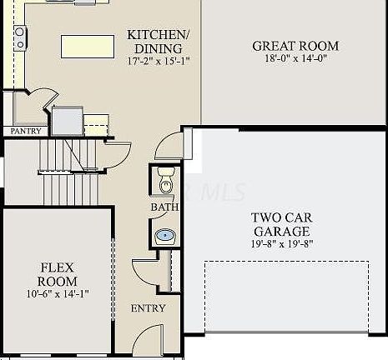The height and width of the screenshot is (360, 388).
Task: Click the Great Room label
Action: pyautogui.click(x=295, y=46)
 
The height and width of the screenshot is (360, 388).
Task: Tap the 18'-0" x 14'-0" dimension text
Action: pyautogui.click(x=295, y=58)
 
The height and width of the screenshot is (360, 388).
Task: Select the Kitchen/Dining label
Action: pyautogui.click(x=159, y=42)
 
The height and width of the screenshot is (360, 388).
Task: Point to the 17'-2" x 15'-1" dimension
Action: pyautogui.click(x=159, y=61)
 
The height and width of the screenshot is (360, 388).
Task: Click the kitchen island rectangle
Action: pyautogui.click(x=88, y=47)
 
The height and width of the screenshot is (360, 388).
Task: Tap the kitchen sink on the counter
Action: pyautogui.click(x=20, y=38)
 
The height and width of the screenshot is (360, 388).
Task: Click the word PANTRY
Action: pyautogui.click(x=26, y=131)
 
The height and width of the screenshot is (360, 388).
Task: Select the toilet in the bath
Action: pyautogui.click(x=166, y=180)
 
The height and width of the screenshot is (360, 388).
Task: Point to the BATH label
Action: pyautogui.click(x=164, y=207)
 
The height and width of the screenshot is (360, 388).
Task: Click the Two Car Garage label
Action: pyautogui.click(x=282, y=224)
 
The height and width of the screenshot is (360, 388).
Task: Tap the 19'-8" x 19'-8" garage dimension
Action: pyautogui.click(x=282, y=244)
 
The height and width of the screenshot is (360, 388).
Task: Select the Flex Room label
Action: pyautogui.click(x=58, y=274)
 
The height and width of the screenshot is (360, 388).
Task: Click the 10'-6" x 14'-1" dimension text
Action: pyautogui.click(x=58, y=293)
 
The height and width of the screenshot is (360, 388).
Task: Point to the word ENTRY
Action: pyautogui.click(x=148, y=308)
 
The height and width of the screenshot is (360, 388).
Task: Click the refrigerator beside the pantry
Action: pyautogui.click(x=68, y=121)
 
